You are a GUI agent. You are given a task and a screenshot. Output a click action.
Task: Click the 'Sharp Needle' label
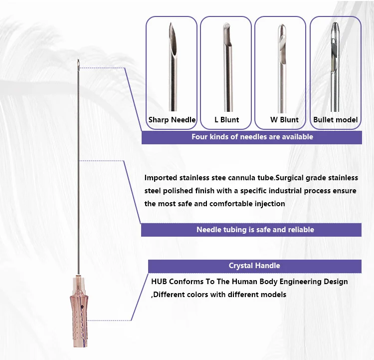click(172, 120)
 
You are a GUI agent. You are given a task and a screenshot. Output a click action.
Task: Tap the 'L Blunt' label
click(226, 120)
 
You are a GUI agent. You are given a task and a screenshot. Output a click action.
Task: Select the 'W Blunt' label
click(284, 120)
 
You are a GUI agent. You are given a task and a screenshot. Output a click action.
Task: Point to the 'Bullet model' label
click(336, 120)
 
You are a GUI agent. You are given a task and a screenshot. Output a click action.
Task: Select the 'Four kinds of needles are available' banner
click(252, 136)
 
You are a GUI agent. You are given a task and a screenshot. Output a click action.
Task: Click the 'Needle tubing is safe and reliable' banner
click(255, 230)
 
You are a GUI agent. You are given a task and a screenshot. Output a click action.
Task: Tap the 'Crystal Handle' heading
click(254, 266)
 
